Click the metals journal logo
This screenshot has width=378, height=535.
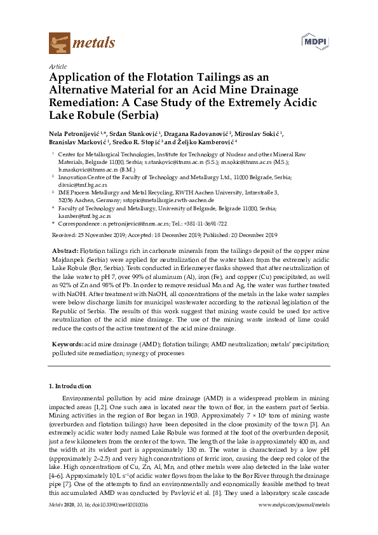(82, 43)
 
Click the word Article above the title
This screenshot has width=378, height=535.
(57, 66)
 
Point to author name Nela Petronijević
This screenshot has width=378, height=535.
(76, 135)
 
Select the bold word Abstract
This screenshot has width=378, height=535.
(64, 251)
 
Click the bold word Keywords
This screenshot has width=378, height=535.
(67, 344)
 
